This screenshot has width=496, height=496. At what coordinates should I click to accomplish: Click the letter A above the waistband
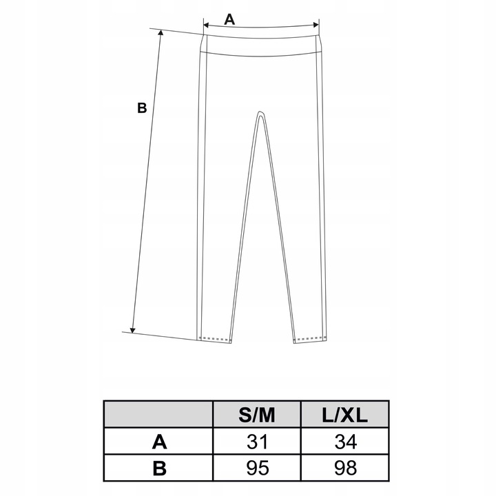tap(229, 19)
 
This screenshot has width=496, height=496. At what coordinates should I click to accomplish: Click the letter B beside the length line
tap(141, 107)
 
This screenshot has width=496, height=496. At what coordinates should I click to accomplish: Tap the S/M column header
tap(257, 415)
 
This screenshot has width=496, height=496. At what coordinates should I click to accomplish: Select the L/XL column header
tap(345, 415)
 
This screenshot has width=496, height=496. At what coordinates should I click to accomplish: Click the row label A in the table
tap(158, 442)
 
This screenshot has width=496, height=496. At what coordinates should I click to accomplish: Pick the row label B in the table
tap(158, 468)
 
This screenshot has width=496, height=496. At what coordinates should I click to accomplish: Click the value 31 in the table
tap(257, 442)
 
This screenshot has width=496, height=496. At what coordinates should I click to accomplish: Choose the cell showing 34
tap(345, 442)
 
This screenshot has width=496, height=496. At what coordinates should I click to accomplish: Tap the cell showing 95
tap(257, 468)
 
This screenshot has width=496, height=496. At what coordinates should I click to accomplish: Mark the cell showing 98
tap(345, 468)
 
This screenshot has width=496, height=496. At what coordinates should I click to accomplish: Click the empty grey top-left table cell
tap(158, 415)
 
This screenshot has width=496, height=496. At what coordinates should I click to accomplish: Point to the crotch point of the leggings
tap(260, 113)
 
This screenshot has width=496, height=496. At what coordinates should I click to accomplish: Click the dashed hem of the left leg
tap(216, 339)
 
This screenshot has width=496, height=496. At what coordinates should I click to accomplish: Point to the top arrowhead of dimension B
tap(161, 34)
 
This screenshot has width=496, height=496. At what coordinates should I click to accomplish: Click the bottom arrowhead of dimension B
tap(133, 329)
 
